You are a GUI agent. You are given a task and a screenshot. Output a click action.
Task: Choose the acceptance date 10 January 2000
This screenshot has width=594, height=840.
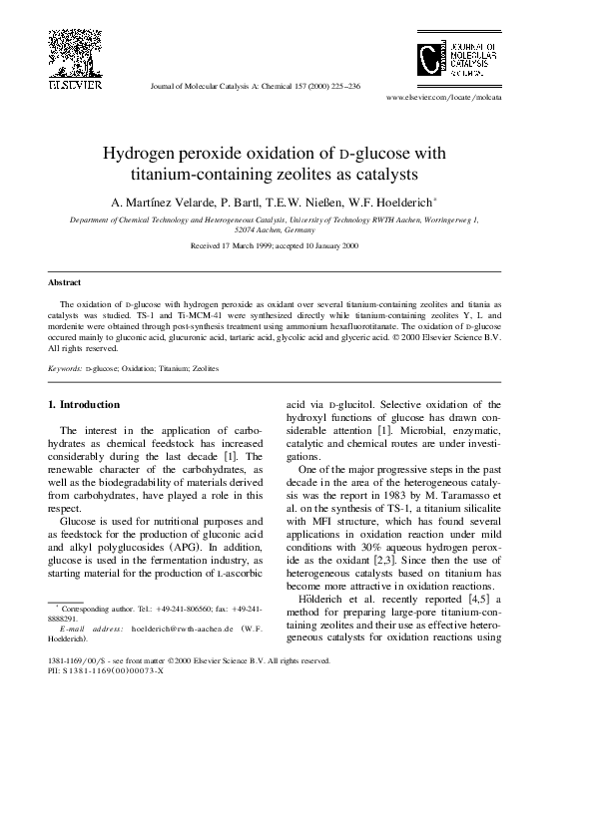coord(322,245)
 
